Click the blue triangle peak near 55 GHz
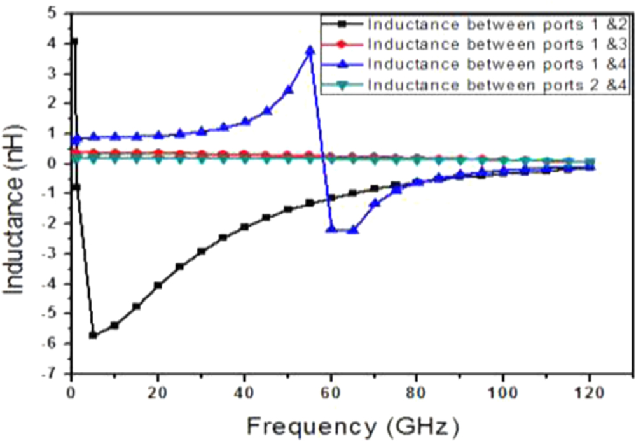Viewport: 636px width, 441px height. pos(310,50)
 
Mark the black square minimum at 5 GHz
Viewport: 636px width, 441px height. pos(93,335)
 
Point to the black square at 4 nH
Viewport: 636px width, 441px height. pos(74,42)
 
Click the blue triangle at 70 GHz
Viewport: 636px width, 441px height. pos(375,204)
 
